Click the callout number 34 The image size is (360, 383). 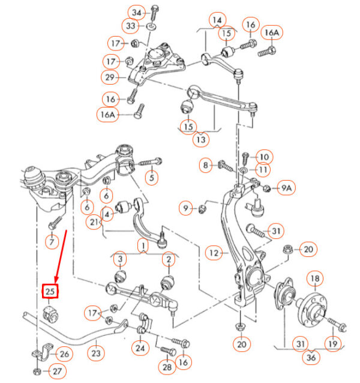point(137,13)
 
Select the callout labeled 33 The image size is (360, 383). point(131,26)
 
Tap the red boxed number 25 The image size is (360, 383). point(50,291)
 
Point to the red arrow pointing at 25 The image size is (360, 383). point(61,256)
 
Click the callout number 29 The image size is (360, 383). point(110,77)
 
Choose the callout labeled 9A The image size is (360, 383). point(286,188)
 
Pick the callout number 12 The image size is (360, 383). point(214,253)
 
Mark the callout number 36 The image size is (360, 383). point(311,358)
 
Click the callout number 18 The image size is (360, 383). point(315,279)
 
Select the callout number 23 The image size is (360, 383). point(95,353)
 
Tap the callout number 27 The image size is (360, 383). point(57,372)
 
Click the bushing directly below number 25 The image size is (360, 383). point(51,315)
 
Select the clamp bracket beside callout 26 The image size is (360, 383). point(43,351)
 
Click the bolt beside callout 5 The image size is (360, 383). point(150,162)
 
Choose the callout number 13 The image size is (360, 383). point(201,140)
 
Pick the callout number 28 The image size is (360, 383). point(167,367)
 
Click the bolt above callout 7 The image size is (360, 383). point(55,223)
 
